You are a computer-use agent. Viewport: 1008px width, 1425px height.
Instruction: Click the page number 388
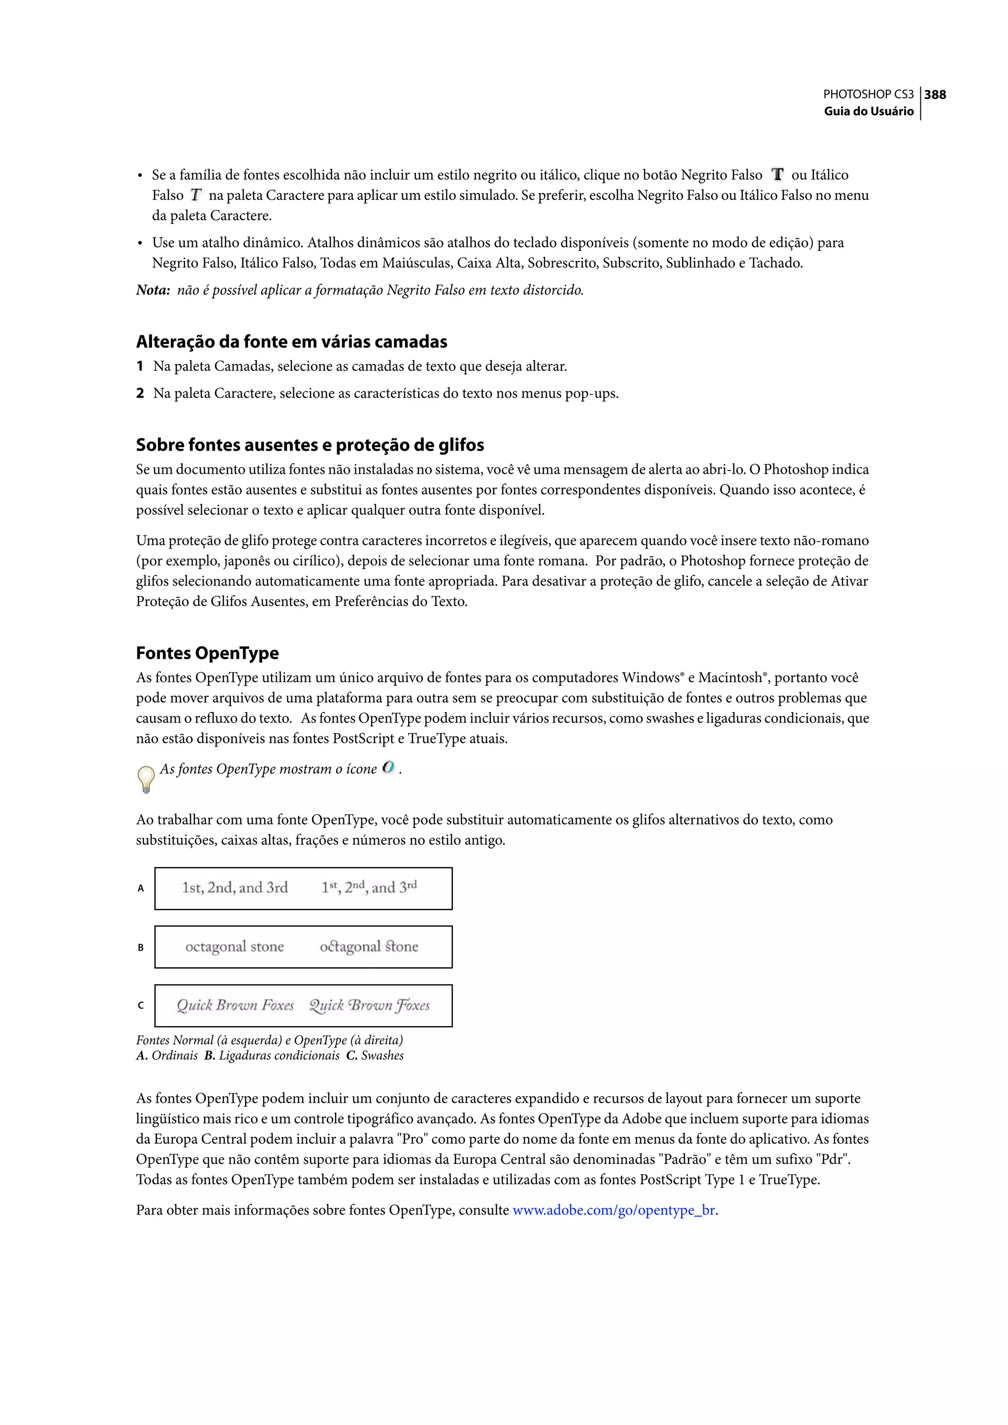coord(935,95)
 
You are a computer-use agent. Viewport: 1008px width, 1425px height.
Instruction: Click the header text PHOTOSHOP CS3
coord(868,95)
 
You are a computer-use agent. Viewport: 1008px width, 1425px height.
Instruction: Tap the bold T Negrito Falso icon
coord(777,174)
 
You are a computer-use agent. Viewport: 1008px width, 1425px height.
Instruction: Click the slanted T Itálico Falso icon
coord(196,195)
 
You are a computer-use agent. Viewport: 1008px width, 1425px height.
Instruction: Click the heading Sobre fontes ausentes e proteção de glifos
coord(310,445)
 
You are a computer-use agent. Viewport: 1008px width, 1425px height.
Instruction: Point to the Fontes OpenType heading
coord(207,653)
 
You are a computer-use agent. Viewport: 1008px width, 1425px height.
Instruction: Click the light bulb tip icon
coord(146,778)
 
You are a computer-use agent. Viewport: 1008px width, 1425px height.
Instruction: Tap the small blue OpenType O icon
coord(388,768)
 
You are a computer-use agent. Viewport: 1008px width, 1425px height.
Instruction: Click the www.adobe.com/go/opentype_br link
coord(614,1210)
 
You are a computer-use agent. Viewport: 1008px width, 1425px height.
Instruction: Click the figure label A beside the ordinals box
coord(141,888)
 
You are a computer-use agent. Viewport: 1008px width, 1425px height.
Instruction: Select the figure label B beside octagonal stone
coord(141,947)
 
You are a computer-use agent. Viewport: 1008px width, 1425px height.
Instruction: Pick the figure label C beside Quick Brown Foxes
coord(141,1005)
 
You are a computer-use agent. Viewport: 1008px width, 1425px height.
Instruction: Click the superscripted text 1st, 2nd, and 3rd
coord(369,887)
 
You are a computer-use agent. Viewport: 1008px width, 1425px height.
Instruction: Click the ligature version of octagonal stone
coord(369,947)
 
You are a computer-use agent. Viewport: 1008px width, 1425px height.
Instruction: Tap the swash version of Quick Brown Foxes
coord(369,1005)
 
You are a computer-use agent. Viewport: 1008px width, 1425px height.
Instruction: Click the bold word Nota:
coord(153,290)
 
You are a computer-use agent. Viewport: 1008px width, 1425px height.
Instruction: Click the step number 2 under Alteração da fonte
coord(140,393)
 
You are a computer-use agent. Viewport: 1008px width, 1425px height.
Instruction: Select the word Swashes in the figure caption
coord(382,1056)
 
